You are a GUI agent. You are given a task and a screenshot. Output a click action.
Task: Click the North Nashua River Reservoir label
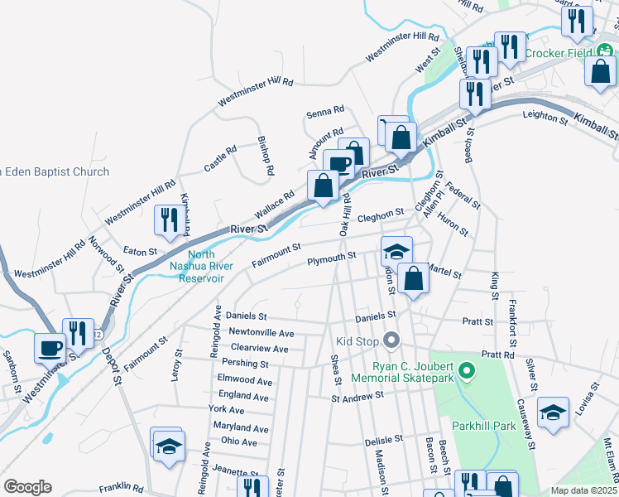click(x=196, y=267)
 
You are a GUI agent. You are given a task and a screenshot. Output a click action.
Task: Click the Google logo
click(x=27, y=486)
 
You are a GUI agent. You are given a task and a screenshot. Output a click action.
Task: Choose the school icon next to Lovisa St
click(x=552, y=413)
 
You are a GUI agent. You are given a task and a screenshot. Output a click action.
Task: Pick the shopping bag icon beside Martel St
click(x=412, y=279)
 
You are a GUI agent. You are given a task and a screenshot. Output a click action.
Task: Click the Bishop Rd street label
click(x=266, y=155)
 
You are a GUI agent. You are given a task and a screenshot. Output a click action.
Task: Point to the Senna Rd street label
click(x=324, y=111)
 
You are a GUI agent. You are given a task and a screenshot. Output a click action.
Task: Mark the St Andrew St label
click(x=357, y=397)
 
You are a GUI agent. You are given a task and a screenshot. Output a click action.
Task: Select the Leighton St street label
click(x=545, y=118)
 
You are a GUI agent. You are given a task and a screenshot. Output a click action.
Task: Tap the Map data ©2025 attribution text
click(x=584, y=490)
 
